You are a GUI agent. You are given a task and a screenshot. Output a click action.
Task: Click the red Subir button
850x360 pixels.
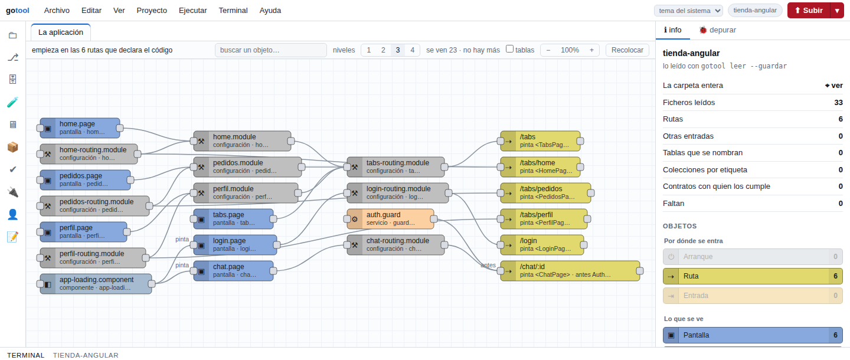(809, 11)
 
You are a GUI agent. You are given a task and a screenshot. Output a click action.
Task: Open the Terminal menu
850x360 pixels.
(233, 11)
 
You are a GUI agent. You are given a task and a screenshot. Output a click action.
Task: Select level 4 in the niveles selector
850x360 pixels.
(412, 50)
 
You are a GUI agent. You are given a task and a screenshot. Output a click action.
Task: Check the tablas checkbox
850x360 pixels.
(509, 49)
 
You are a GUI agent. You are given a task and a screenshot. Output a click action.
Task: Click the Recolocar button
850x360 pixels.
(627, 50)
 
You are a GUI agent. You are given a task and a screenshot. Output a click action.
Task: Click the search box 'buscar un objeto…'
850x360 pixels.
(270, 50)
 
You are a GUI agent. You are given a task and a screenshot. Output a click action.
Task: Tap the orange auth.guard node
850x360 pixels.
(391, 219)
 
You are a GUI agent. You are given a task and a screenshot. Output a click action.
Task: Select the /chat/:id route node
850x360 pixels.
(570, 271)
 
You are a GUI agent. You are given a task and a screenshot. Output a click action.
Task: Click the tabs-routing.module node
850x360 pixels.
(395, 167)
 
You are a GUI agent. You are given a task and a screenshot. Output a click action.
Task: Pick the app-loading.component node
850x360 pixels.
(96, 284)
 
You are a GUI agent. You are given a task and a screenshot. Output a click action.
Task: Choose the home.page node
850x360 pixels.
(80, 128)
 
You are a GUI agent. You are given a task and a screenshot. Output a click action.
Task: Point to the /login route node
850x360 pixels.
(542, 245)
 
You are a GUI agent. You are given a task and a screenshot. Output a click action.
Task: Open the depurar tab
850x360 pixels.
(718, 30)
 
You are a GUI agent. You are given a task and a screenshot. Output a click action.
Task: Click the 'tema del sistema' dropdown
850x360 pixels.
(688, 11)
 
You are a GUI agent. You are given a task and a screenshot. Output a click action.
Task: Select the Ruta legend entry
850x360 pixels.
(753, 276)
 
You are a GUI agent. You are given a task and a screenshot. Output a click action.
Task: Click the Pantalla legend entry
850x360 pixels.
(753, 335)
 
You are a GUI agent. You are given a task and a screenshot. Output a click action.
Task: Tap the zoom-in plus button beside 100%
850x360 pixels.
(591, 50)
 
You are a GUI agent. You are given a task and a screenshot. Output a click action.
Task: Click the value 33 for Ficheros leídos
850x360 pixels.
(838, 103)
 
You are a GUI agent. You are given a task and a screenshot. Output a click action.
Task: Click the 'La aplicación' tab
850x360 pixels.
(61, 32)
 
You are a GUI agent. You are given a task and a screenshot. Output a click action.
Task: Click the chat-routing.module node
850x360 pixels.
(395, 245)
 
